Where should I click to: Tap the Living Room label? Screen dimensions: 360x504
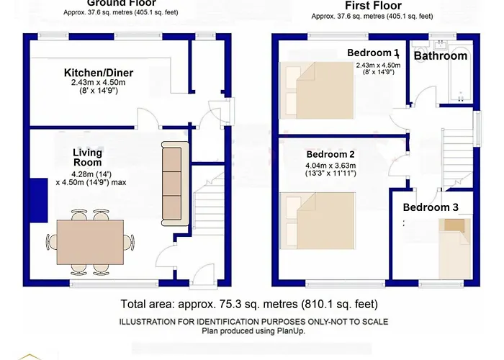87,158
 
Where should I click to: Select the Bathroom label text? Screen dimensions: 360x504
440,55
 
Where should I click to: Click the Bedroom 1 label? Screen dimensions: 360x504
372,53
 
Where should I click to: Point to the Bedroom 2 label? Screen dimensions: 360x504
330,154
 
